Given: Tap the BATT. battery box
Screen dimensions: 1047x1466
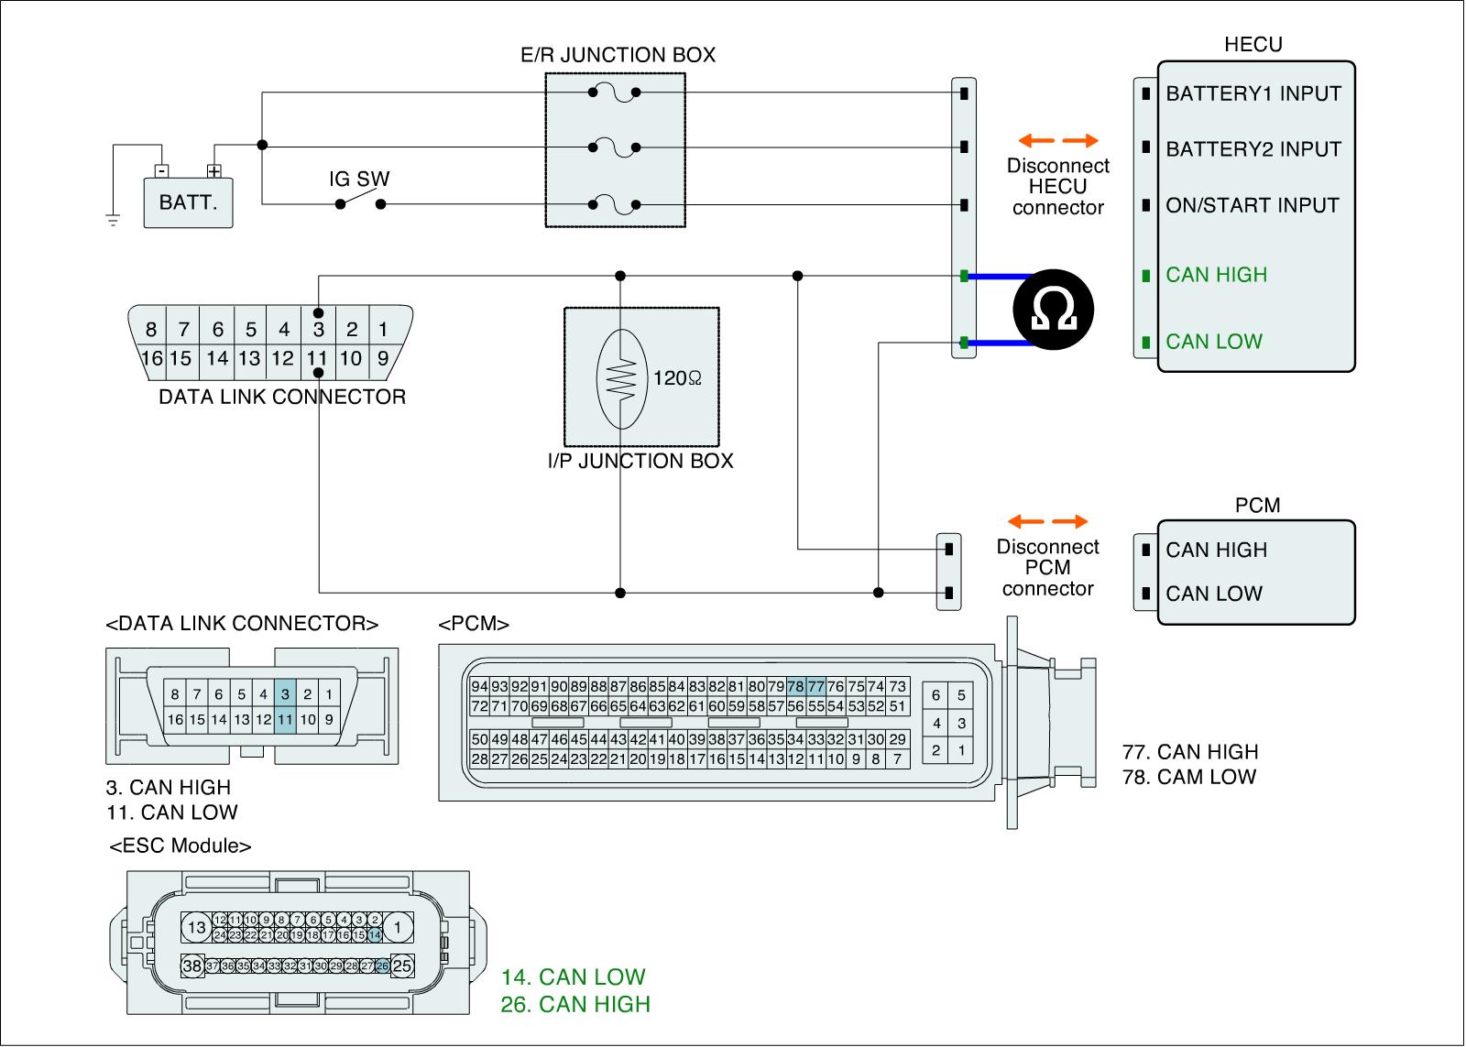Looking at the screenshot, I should [188, 202].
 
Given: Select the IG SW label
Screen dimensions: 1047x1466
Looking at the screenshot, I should [359, 179].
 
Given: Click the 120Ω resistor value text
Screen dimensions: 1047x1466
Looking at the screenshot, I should [677, 377].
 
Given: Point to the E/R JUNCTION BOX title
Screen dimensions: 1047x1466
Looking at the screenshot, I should [618, 55].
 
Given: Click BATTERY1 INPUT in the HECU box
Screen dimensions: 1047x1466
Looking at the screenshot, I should [1253, 93].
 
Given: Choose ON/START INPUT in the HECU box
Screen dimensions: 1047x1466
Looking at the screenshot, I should [1252, 205].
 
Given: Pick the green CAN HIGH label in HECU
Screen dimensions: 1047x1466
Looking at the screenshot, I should [1216, 275].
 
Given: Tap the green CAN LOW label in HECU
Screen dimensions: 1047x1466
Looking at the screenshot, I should [1214, 342].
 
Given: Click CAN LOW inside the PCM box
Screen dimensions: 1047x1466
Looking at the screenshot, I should [1214, 594].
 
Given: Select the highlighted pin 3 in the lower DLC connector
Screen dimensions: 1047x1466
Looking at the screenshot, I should [285, 694].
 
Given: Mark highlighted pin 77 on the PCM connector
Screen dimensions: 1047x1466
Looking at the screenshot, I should [815, 686].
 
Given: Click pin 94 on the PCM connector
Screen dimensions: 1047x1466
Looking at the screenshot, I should [479, 686].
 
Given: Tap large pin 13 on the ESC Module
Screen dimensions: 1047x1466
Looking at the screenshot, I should [196, 928].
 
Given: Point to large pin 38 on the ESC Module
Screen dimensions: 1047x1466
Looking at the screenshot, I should [192, 965].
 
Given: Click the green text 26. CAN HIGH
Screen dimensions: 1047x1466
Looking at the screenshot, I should [575, 1004].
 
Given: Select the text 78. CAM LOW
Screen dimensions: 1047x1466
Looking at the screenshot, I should [1189, 777].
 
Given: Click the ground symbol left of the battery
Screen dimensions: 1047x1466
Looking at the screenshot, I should [113, 220].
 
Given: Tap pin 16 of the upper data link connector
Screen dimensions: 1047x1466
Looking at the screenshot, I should [151, 358].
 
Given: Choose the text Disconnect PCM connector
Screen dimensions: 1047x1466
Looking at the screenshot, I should [1047, 568].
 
